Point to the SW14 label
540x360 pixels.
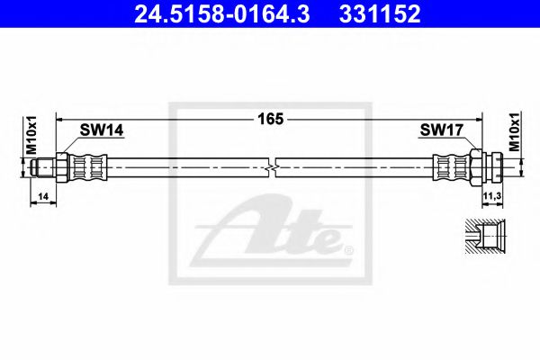coord(101,132)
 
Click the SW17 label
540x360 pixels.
coord(441,132)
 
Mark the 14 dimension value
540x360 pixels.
coord(44,194)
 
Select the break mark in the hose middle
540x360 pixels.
coord(272,166)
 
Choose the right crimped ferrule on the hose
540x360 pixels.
coord(449,166)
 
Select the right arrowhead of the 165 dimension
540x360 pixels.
coord(480,117)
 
